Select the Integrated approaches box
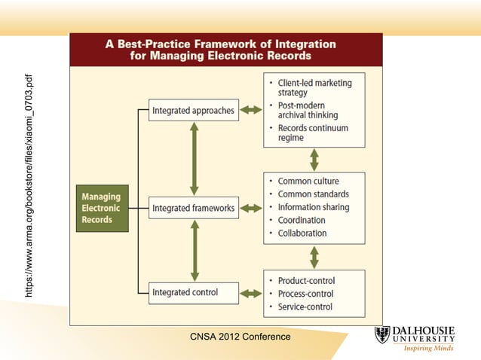(194, 110)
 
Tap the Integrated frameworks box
(194, 207)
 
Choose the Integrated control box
(194, 292)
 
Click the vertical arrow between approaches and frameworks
(195, 158)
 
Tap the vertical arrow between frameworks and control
(195, 250)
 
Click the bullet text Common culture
(308, 182)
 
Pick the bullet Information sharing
(313, 207)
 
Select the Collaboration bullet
(302, 233)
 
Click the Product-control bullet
(306, 281)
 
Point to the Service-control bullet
(305, 307)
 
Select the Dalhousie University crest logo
(382, 334)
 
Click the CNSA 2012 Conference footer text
(240, 337)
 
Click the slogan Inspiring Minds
(428, 349)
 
